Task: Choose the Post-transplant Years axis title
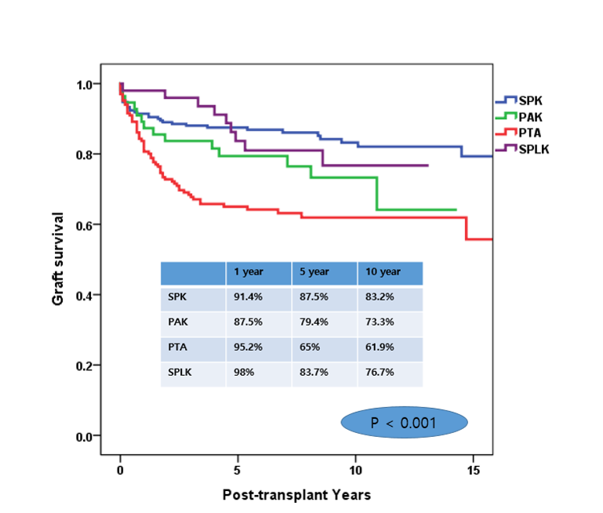click(x=296, y=495)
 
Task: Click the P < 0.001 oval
click(x=405, y=422)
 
